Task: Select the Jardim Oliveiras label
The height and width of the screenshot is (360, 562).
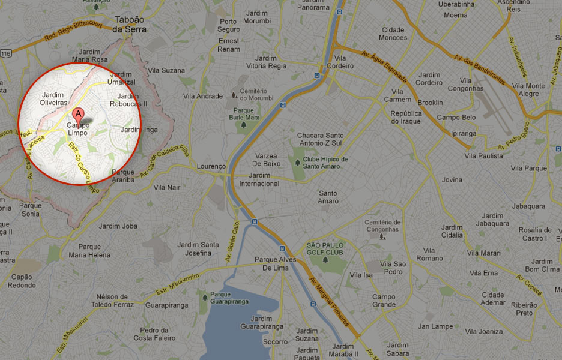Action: pyautogui.click(x=53, y=99)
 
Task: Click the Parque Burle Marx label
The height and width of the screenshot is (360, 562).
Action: pyautogui.click(x=243, y=114)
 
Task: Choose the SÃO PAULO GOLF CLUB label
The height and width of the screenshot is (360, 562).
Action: pyautogui.click(x=325, y=249)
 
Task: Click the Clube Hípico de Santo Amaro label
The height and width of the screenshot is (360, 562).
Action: pyautogui.click(x=325, y=163)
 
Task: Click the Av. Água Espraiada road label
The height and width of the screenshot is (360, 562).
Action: pyautogui.click(x=384, y=67)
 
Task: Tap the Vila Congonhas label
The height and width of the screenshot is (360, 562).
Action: pyautogui.click(x=471, y=85)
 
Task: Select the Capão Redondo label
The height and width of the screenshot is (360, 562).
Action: pyautogui.click(x=22, y=281)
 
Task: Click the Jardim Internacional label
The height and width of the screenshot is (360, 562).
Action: pyautogui.click(x=259, y=179)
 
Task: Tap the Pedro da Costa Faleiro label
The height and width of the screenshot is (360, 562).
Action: pyautogui.click(x=154, y=334)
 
